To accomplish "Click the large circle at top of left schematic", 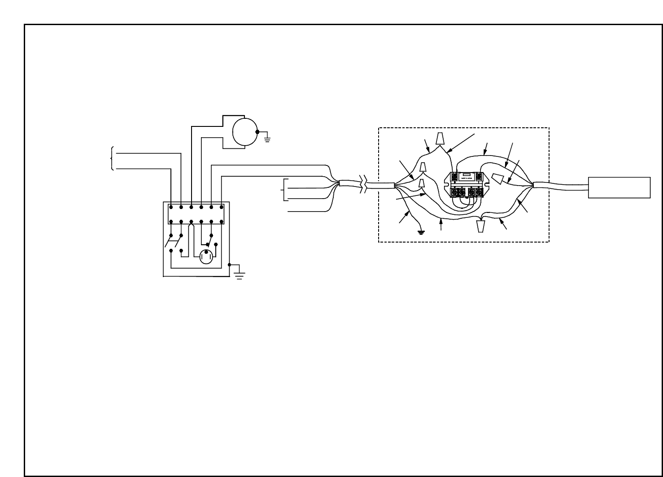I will [244, 132].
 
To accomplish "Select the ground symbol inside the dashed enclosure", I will [421, 232].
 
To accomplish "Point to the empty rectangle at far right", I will [619, 187].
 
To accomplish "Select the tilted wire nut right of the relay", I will [499, 179].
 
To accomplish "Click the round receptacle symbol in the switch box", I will [206, 257].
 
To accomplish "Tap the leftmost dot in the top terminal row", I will [171, 207].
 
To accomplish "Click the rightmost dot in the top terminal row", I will [222, 207].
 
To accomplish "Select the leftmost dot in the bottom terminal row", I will [171, 221].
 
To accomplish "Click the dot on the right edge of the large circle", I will [257, 132].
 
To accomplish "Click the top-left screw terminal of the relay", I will [454, 176].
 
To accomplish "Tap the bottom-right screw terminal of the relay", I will [480, 193].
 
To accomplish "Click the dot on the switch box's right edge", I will [229, 265].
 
